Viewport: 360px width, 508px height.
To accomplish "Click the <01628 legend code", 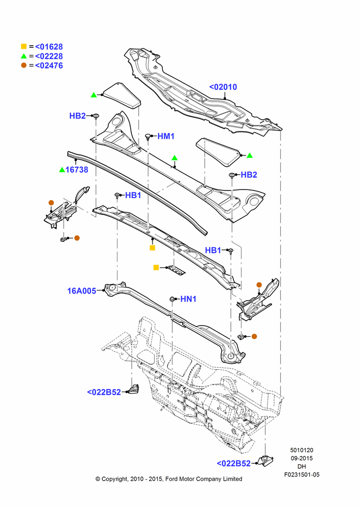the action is [x=49, y=47].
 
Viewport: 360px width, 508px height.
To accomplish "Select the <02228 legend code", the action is [x=49, y=56].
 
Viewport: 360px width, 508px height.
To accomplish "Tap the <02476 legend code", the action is [x=49, y=66].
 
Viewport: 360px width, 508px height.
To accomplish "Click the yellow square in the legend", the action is [x=24, y=46].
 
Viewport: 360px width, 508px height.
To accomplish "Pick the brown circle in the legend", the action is [x=24, y=65].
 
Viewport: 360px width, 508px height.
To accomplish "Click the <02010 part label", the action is [x=223, y=87].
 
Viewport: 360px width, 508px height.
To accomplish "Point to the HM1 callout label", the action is [x=166, y=136].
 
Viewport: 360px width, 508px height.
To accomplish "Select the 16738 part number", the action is [x=77, y=170].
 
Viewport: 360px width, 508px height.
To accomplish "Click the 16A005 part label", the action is [x=82, y=291].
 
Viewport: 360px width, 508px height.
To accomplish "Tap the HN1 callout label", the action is [x=189, y=299].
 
